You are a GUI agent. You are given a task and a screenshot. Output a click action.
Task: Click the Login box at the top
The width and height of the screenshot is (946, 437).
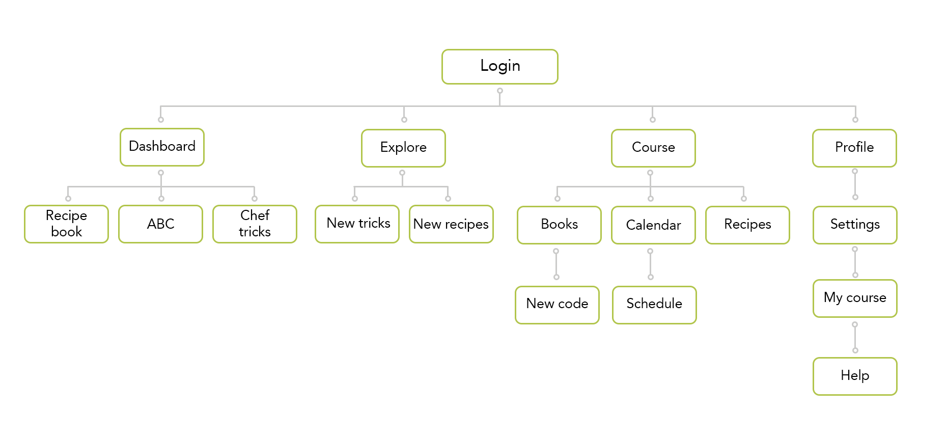(500, 67)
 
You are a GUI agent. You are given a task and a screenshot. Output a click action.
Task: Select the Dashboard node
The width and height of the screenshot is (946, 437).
(162, 147)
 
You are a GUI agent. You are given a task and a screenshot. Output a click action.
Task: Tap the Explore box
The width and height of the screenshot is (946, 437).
(403, 148)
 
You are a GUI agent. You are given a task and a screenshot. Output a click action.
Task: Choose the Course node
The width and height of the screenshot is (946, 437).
(653, 148)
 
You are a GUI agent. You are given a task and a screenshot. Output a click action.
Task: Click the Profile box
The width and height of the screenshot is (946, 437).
(854, 148)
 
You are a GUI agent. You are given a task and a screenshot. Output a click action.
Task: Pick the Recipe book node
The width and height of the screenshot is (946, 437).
(67, 224)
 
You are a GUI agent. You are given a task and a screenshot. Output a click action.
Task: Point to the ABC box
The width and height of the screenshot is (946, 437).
(161, 224)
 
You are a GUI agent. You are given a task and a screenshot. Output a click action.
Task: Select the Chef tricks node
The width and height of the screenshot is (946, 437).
(255, 224)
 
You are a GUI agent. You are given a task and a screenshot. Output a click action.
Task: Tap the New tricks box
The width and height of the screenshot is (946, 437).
(357, 224)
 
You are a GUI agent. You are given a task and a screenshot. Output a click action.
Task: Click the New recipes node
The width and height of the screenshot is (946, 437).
(452, 224)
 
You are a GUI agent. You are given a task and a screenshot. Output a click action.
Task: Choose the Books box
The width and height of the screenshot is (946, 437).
(559, 225)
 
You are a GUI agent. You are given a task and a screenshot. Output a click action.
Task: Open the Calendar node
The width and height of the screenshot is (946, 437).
(653, 225)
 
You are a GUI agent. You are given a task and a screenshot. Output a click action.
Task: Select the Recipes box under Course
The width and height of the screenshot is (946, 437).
(747, 225)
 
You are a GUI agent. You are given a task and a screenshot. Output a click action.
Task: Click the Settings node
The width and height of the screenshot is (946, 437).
(855, 225)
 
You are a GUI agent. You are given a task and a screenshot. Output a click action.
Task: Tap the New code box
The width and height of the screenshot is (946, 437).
(558, 305)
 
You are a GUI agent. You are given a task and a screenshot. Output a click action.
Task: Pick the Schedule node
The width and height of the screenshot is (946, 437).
(655, 305)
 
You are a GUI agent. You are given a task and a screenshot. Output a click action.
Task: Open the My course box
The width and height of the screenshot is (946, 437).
(855, 298)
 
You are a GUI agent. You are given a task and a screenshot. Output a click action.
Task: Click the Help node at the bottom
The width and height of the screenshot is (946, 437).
(855, 376)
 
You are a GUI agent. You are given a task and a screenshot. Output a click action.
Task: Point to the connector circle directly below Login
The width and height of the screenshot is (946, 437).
(500, 91)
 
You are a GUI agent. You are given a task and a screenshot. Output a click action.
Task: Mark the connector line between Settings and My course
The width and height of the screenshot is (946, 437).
(855, 262)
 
